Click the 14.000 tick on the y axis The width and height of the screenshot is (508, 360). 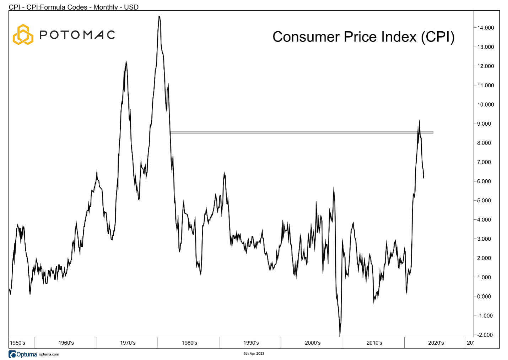point(485,28)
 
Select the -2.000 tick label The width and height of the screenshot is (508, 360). point(485,335)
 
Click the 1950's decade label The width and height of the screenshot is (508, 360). point(17,343)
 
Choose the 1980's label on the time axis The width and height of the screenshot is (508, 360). point(189,343)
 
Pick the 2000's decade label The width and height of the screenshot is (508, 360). point(313,343)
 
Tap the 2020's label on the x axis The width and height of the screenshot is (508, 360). point(436,343)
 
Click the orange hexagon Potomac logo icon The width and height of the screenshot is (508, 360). point(23,35)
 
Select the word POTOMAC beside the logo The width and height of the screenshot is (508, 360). point(77,35)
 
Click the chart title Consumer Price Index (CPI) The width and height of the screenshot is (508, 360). point(363,37)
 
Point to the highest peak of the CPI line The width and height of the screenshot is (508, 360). point(159,16)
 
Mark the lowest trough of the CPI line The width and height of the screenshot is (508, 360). point(340,336)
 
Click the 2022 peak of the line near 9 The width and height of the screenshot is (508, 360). point(420,120)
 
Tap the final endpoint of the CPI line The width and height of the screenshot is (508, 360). point(423,178)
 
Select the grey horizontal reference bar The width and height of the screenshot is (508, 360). point(302,132)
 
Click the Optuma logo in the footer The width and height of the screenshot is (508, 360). point(23,354)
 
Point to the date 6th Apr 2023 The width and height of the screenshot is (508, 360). point(254,354)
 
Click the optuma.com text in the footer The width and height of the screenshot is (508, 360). point(49,354)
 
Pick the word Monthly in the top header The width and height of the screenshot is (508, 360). point(106,7)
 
